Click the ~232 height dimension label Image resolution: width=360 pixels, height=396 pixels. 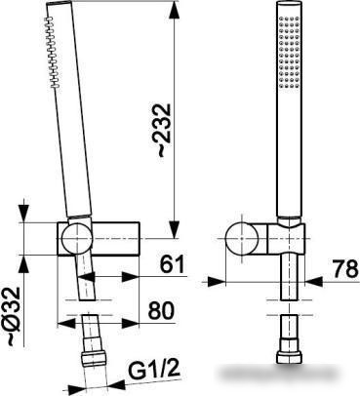(164, 131)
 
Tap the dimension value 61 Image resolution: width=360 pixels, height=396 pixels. (172, 263)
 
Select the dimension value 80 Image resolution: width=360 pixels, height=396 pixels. (161, 310)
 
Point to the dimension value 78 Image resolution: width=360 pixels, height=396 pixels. (345, 269)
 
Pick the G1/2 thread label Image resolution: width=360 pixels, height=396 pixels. (154, 371)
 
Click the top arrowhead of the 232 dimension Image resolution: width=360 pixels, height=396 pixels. (175, 10)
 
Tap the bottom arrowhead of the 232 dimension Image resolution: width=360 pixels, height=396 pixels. (175, 230)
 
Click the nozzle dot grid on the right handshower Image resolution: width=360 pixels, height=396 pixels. (289, 52)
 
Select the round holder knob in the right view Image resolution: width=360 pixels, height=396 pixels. (242, 238)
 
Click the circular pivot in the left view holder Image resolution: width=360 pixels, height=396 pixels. (77, 238)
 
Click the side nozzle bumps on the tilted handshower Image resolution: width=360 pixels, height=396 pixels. (53, 52)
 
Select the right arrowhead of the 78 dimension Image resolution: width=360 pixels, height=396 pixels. (313, 282)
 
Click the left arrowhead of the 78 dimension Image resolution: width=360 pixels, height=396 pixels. (217, 282)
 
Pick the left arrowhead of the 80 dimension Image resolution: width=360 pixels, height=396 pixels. (66, 323)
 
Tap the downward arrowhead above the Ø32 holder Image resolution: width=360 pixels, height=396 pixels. (24, 215)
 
